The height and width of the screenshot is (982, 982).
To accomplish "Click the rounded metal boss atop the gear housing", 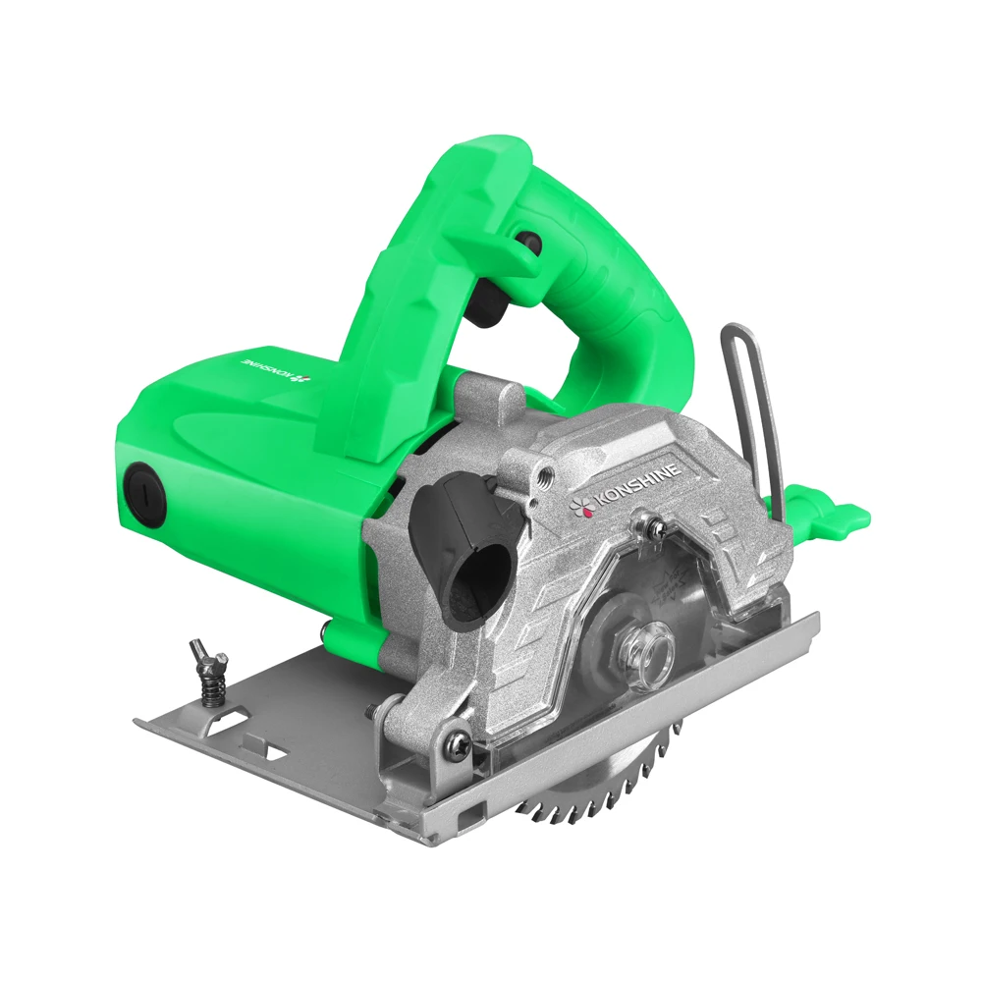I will pos(491,398).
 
